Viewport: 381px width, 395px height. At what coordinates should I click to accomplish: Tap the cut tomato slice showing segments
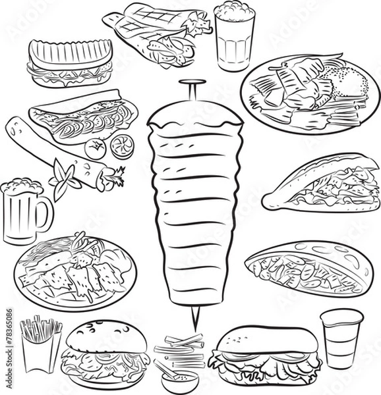coord(121,144)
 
